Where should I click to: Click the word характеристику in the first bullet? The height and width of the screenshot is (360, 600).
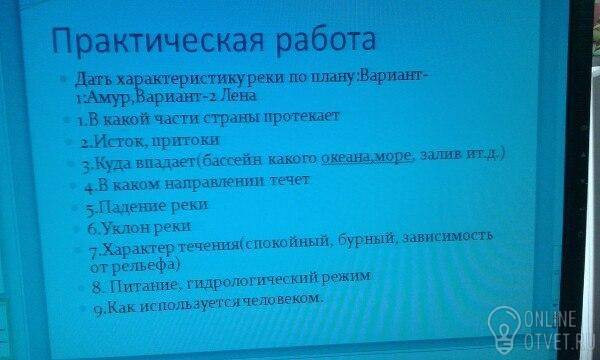tap(180, 79)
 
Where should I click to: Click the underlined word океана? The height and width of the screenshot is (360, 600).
tap(346, 157)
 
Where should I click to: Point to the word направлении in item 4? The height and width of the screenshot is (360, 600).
tap(215, 182)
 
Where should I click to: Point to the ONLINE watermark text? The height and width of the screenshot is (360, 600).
tap(550, 319)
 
